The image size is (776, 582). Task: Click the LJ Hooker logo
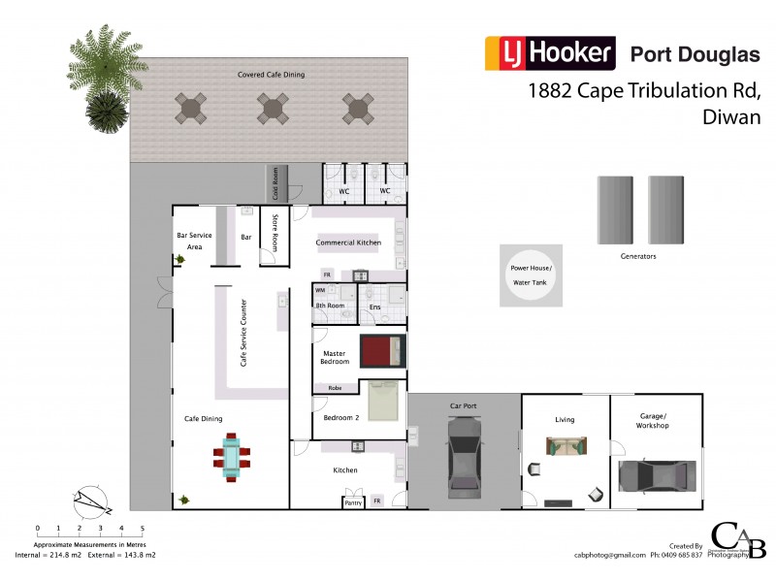549,52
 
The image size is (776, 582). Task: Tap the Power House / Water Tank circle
531,275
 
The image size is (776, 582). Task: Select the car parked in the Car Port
463,455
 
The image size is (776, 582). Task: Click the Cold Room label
275,182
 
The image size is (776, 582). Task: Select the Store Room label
275,233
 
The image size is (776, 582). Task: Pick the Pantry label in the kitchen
352,501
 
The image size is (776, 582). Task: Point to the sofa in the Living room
566,446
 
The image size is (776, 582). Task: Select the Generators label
638,257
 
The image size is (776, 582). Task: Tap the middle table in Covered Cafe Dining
274,107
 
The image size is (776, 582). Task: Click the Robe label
335,388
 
